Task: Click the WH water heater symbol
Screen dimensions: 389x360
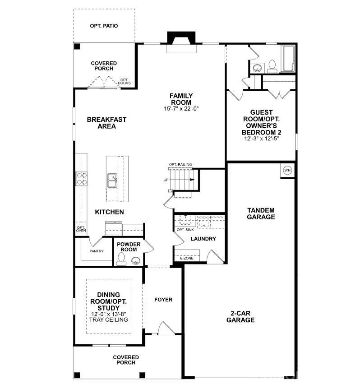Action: [287, 170]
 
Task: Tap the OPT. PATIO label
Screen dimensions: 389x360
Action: [104, 26]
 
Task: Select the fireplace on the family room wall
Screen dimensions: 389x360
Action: [181, 43]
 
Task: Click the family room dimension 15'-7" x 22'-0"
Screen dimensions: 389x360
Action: [181, 109]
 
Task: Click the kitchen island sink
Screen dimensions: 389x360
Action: [112, 181]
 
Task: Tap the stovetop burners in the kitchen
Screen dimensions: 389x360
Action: [82, 178]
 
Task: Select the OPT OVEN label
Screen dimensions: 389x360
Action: [81, 229]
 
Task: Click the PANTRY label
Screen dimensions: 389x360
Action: [97, 251]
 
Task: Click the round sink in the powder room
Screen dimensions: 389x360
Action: [135, 260]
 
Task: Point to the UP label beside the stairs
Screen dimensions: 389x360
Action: [166, 180]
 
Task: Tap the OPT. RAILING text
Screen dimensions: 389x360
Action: [180, 164]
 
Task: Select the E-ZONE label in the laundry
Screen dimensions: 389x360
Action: [187, 259]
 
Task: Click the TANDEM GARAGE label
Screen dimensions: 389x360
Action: [261, 213]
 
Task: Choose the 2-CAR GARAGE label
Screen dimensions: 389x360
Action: [242, 316]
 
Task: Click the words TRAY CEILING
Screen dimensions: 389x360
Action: [109, 320]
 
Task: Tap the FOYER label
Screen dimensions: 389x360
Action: [163, 300]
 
